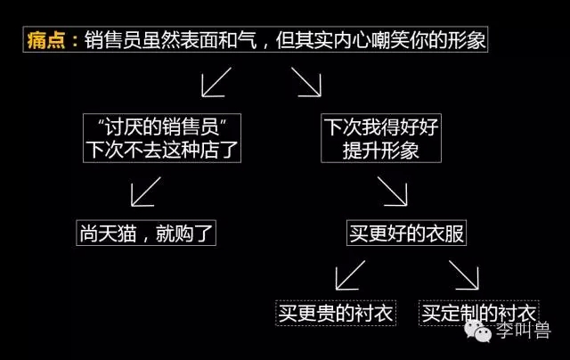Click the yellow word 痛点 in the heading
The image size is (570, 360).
46,39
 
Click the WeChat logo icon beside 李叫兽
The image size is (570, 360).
477,331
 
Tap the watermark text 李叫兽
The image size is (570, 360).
524,331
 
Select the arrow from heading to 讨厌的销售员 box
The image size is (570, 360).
216,82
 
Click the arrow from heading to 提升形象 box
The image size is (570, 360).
306,82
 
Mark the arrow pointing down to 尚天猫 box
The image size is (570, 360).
146,192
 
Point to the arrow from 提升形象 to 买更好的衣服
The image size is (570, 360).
392,192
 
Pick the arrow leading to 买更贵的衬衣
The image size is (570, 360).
350,275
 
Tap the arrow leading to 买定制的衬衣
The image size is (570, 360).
463,275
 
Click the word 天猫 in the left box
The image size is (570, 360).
118,233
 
